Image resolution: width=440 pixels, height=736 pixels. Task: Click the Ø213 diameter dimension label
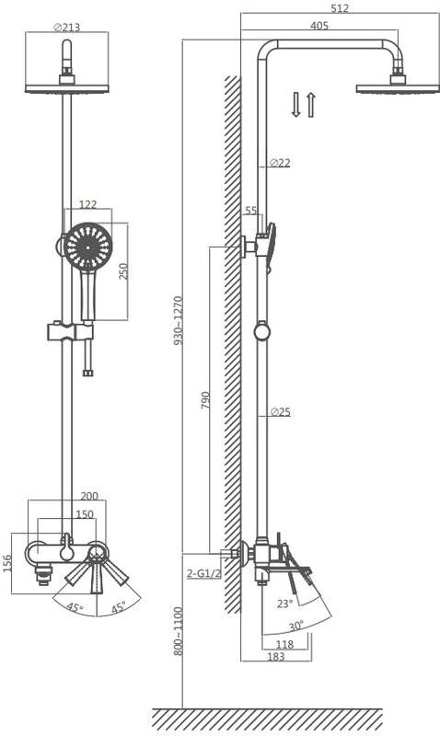[66, 28]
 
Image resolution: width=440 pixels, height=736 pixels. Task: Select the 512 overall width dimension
[340, 8]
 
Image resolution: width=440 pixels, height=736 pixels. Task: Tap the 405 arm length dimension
[319, 26]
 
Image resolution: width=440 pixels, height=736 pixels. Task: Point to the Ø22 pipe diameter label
[281, 163]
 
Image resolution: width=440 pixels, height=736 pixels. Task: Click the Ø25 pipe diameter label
[281, 412]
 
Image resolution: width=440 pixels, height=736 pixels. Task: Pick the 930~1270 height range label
[179, 320]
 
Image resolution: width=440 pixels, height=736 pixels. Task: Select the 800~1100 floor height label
[179, 631]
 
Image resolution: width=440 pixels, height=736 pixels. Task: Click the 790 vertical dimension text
[205, 400]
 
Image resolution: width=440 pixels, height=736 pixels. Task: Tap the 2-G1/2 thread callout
[203, 573]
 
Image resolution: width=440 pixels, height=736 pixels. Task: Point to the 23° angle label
[284, 604]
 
